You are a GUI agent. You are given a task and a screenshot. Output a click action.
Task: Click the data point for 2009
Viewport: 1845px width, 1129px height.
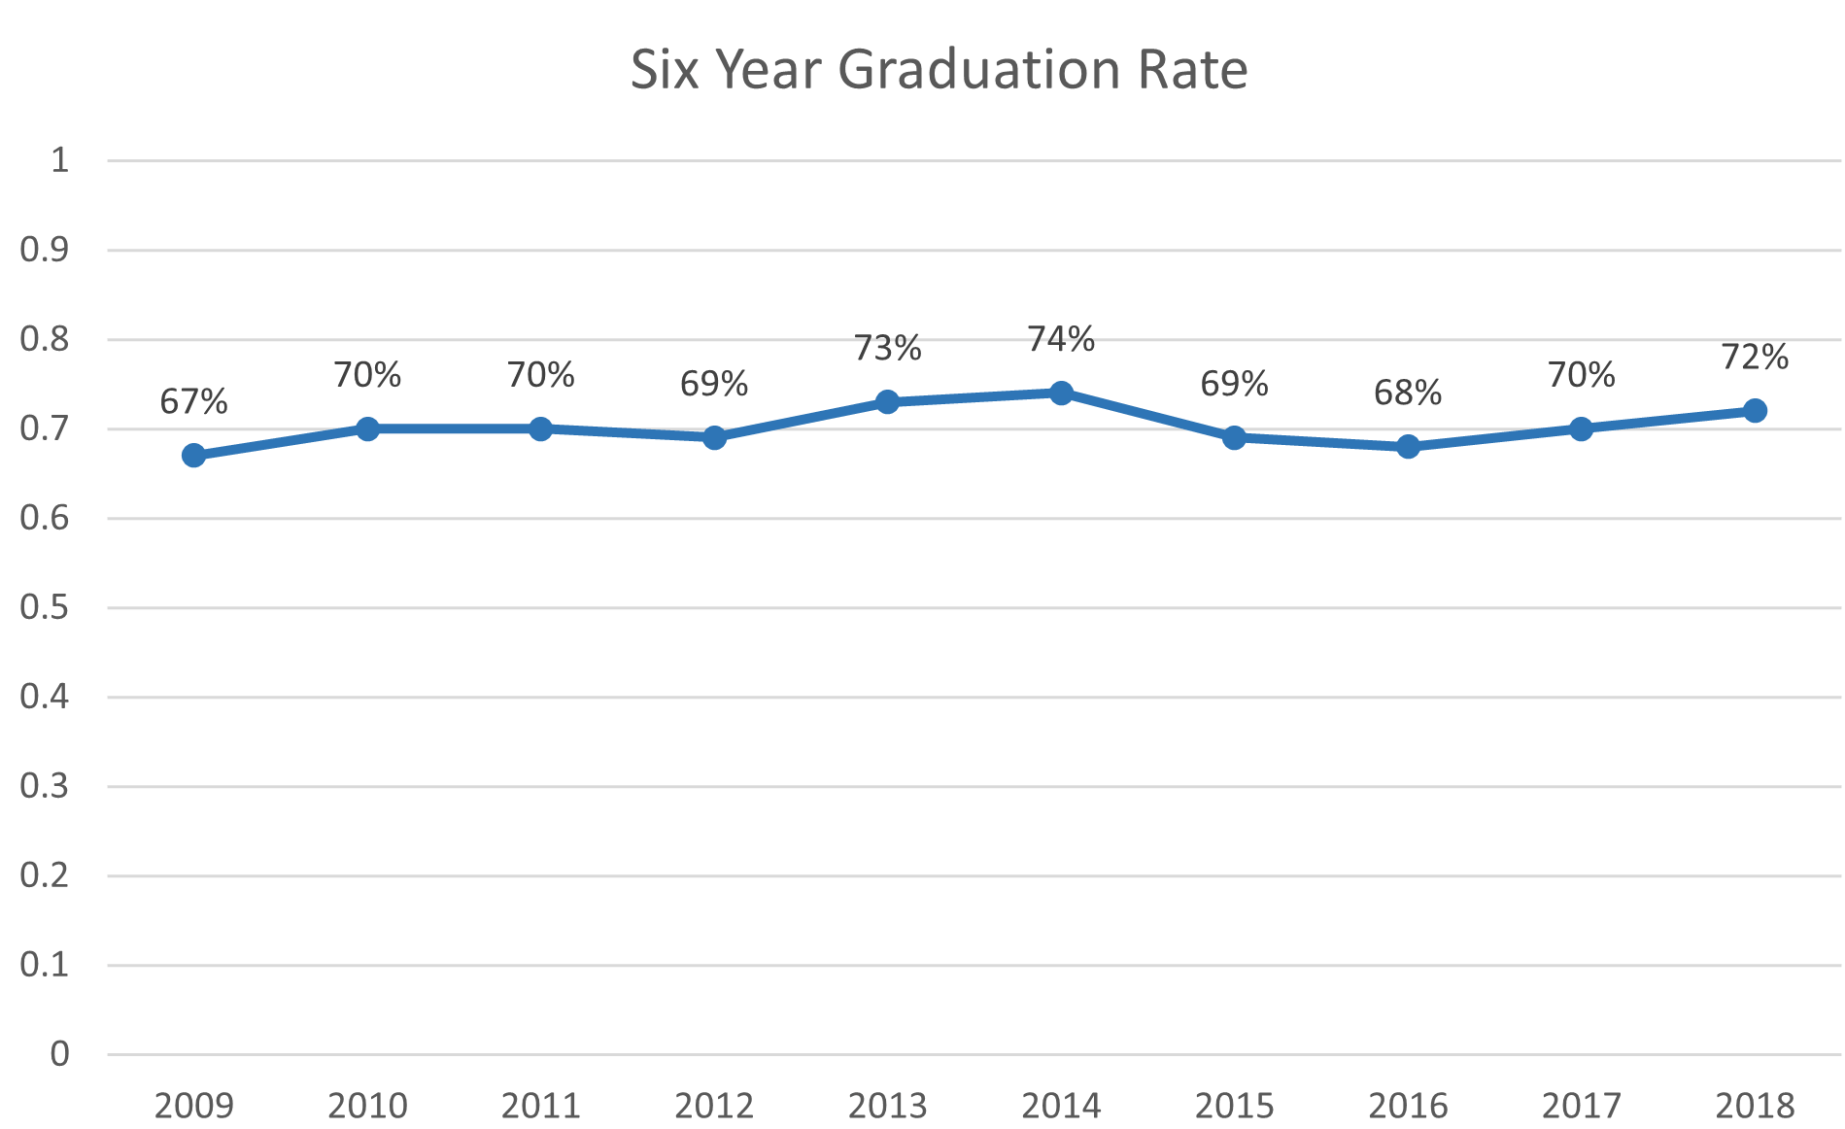[x=194, y=455]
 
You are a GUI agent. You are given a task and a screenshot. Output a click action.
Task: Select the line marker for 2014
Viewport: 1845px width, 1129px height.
[x=1061, y=393]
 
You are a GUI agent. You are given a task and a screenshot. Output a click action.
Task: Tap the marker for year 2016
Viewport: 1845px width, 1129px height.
[x=1408, y=446]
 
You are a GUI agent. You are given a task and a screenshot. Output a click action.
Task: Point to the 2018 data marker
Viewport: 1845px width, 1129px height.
[x=1755, y=410]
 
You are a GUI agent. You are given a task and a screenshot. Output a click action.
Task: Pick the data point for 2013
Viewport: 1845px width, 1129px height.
[x=887, y=401]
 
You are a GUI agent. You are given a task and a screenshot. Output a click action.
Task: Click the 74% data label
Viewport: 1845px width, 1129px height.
[x=1061, y=339]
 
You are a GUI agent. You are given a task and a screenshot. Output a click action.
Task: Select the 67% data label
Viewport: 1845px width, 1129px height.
[x=194, y=401]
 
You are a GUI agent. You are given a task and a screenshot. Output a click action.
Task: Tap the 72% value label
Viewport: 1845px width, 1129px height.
[x=1755, y=358]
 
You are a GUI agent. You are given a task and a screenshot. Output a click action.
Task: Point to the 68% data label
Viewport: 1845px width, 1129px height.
[x=1408, y=393]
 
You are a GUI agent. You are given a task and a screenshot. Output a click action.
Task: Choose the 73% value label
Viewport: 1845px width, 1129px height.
[x=887, y=348]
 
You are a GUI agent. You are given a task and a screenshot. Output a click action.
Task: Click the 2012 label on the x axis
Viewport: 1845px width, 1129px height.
[x=714, y=1106]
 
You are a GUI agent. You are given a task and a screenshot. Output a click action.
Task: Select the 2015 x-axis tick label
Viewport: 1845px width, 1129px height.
[x=1234, y=1106]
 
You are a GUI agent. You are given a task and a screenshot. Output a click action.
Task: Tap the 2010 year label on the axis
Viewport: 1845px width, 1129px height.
[x=367, y=1106]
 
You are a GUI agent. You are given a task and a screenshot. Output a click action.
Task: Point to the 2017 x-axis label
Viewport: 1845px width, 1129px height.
[x=1581, y=1106]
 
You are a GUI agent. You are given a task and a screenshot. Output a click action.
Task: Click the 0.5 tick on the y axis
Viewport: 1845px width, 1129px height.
[x=45, y=607]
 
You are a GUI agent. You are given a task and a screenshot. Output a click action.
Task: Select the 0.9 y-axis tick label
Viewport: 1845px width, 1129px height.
[x=45, y=250]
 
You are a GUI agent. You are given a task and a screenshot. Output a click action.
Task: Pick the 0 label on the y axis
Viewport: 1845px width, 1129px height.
[x=60, y=1054]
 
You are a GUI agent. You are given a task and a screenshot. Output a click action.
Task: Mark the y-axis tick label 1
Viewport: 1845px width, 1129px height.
[x=60, y=160]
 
